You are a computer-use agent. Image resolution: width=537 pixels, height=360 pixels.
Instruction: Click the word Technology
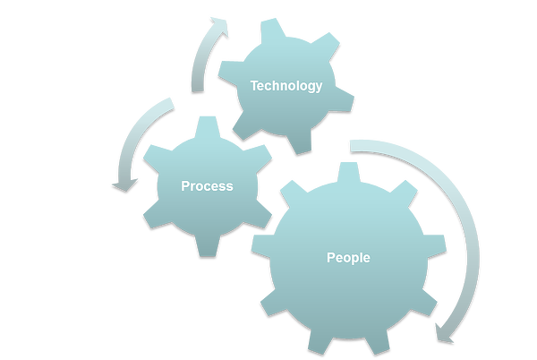(x=286, y=86)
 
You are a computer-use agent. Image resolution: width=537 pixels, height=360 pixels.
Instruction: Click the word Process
(x=207, y=186)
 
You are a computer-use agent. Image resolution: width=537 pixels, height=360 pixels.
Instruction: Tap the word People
(x=348, y=258)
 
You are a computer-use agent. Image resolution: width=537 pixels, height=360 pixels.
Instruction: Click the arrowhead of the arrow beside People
(x=444, y=333)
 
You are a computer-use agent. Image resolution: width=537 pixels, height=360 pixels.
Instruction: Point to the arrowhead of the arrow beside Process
(x=124, y=185)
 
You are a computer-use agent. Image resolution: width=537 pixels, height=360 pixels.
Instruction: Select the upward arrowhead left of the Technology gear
(x=219, y=25)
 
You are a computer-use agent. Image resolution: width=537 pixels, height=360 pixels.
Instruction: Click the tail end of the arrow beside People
(x=351, y=146)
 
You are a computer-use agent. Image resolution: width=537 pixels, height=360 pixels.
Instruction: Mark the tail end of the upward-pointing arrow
(x=198, y=90)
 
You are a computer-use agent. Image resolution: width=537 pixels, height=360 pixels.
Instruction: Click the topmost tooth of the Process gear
(x=208, y=126)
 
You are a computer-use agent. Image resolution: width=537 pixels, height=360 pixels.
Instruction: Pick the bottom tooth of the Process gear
(x=208, y=246)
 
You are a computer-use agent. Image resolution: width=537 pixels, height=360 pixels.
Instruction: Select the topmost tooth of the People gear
(x=348, y=172)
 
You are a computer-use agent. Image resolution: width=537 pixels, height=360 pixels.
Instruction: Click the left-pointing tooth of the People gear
(x=262, y=245)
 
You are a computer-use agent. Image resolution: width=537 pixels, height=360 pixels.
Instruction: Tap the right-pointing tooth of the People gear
(x=435, y=245)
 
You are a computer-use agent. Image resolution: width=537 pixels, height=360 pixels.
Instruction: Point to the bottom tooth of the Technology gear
(x=300, y=142)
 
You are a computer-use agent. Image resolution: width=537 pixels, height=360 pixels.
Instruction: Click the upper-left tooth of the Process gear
(x=158, y=156)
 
